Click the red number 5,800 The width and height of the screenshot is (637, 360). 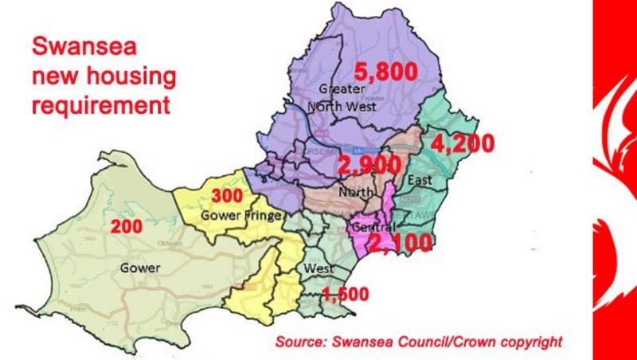click(x=385, y=72)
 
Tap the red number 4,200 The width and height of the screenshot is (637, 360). click(x=461, y=144)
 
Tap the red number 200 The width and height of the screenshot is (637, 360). click(x=127, y=226)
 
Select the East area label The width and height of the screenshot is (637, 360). click(x=419, y=180)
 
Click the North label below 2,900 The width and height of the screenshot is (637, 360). click(x=354, y=192)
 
